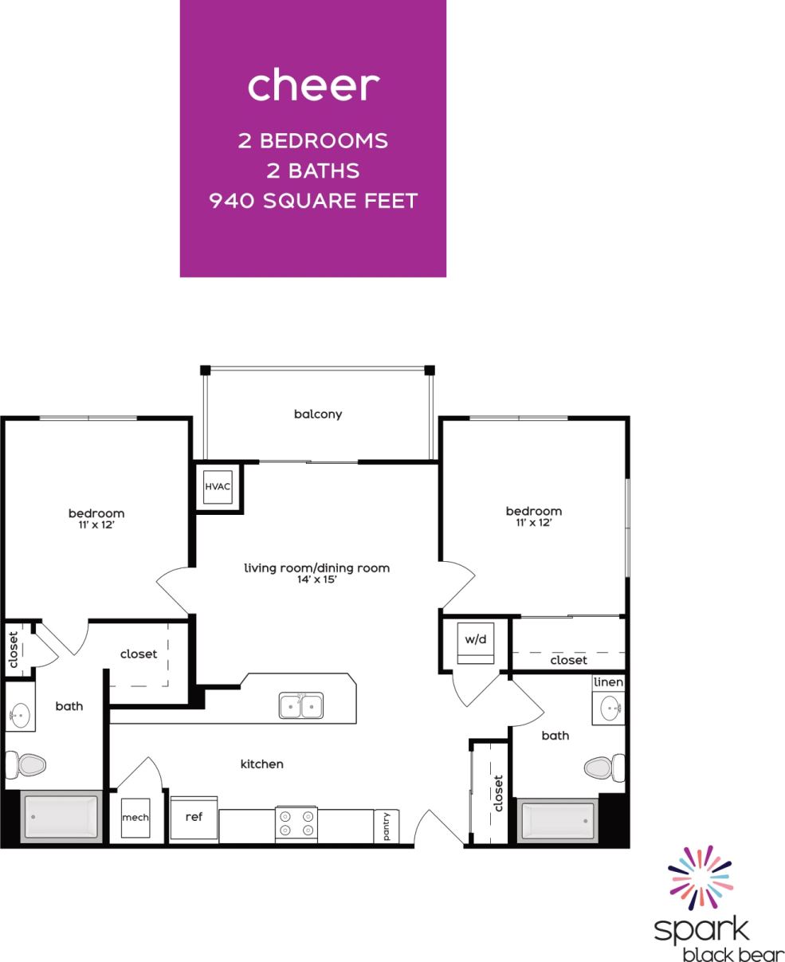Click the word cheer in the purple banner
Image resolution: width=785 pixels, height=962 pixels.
[x=312, y=86]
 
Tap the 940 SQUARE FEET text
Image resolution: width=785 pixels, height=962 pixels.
[x=312, y=201]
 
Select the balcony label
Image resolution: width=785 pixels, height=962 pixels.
[x=317, y=414]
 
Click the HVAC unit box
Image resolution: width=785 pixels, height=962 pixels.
[x=218, y=486]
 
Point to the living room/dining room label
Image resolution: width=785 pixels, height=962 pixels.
[x=316, y=568]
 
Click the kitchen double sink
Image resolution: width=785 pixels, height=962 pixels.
[x=300, y=705]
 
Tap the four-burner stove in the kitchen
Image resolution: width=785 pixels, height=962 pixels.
[x=296, y=823]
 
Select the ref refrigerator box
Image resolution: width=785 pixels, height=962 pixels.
[x=194, y=818]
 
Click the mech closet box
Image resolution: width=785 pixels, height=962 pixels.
[x=135, y=819]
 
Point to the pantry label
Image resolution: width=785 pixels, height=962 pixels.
[x=387, y=826]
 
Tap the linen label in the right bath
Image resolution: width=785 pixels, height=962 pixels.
[x=608, y=683]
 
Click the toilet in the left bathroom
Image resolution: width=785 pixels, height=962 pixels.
[x=26, y=765]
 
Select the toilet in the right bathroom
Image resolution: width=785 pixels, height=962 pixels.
[x=603, y=768]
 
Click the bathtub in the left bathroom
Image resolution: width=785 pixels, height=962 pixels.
[x=61, y=815]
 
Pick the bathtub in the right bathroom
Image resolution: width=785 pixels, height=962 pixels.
[x=557, y=819]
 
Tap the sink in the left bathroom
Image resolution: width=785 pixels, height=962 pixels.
[x=21, y=714]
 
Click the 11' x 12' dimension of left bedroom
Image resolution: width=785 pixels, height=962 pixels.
[x=96, y=525]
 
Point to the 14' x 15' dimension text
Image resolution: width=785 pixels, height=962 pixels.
[x=316, y=580]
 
